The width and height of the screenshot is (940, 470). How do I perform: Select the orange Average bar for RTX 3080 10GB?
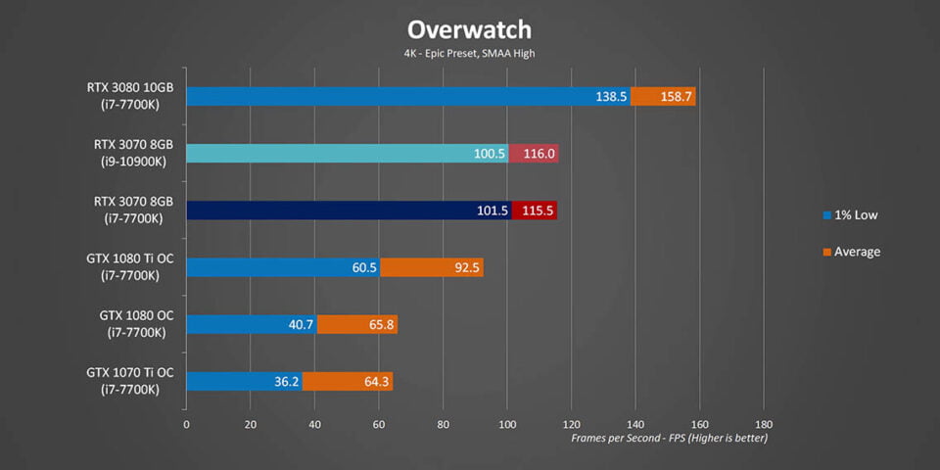point(663,97)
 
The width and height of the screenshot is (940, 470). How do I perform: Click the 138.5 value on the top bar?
point(611,97)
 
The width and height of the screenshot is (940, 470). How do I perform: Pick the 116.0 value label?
point(539,154)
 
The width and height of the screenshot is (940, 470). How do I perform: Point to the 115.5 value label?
point(539,211)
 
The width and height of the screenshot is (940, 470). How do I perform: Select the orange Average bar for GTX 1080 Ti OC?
point(432,267)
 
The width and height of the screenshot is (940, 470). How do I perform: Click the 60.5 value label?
point(361,267)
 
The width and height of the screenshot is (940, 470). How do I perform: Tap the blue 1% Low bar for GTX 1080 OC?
point(251,324)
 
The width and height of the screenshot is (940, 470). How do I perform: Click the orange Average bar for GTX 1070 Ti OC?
point(348,381)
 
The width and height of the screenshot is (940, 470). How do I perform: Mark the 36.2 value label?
point(285,381)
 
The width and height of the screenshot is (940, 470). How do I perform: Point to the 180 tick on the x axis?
point(764,425)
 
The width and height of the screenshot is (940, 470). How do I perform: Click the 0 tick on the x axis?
point(186,425)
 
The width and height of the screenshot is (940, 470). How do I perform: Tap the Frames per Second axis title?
point(669,438)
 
